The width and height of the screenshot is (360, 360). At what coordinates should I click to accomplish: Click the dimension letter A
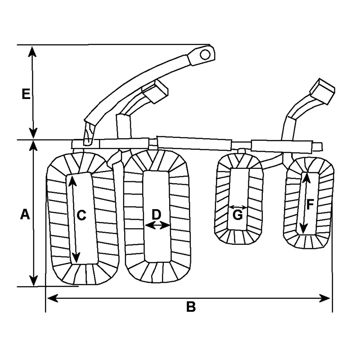pos(25,214)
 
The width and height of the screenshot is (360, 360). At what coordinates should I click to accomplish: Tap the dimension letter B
pos(191,306)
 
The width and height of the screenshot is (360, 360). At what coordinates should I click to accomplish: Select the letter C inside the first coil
pos(81,216)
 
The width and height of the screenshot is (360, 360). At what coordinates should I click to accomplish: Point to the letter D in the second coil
pos(156,215)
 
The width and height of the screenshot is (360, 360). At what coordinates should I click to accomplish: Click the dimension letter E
pos(26,94)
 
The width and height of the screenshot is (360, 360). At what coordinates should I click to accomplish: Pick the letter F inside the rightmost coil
pos(310,205)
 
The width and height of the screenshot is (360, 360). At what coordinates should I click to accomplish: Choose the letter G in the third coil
pos(238,215)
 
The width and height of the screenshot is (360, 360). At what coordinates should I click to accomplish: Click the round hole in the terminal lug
pos(205,54)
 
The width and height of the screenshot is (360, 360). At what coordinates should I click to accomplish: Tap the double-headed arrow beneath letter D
pos(157,225)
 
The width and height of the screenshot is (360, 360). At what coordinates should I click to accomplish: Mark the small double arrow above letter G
pos(238,207)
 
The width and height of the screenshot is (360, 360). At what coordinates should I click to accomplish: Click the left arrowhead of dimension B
pos(52,298)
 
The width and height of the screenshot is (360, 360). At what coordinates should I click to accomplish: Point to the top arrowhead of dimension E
pos(32,51)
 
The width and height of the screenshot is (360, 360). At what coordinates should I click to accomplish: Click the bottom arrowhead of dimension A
pos(34,280)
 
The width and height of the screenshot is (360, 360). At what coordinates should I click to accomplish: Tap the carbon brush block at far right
pos(322,91)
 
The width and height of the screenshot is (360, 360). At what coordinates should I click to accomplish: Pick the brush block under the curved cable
pos(155,91)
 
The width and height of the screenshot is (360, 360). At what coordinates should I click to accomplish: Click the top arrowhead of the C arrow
pos(72,181)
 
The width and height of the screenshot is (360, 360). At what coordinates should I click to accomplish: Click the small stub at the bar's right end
pos(318,147)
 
